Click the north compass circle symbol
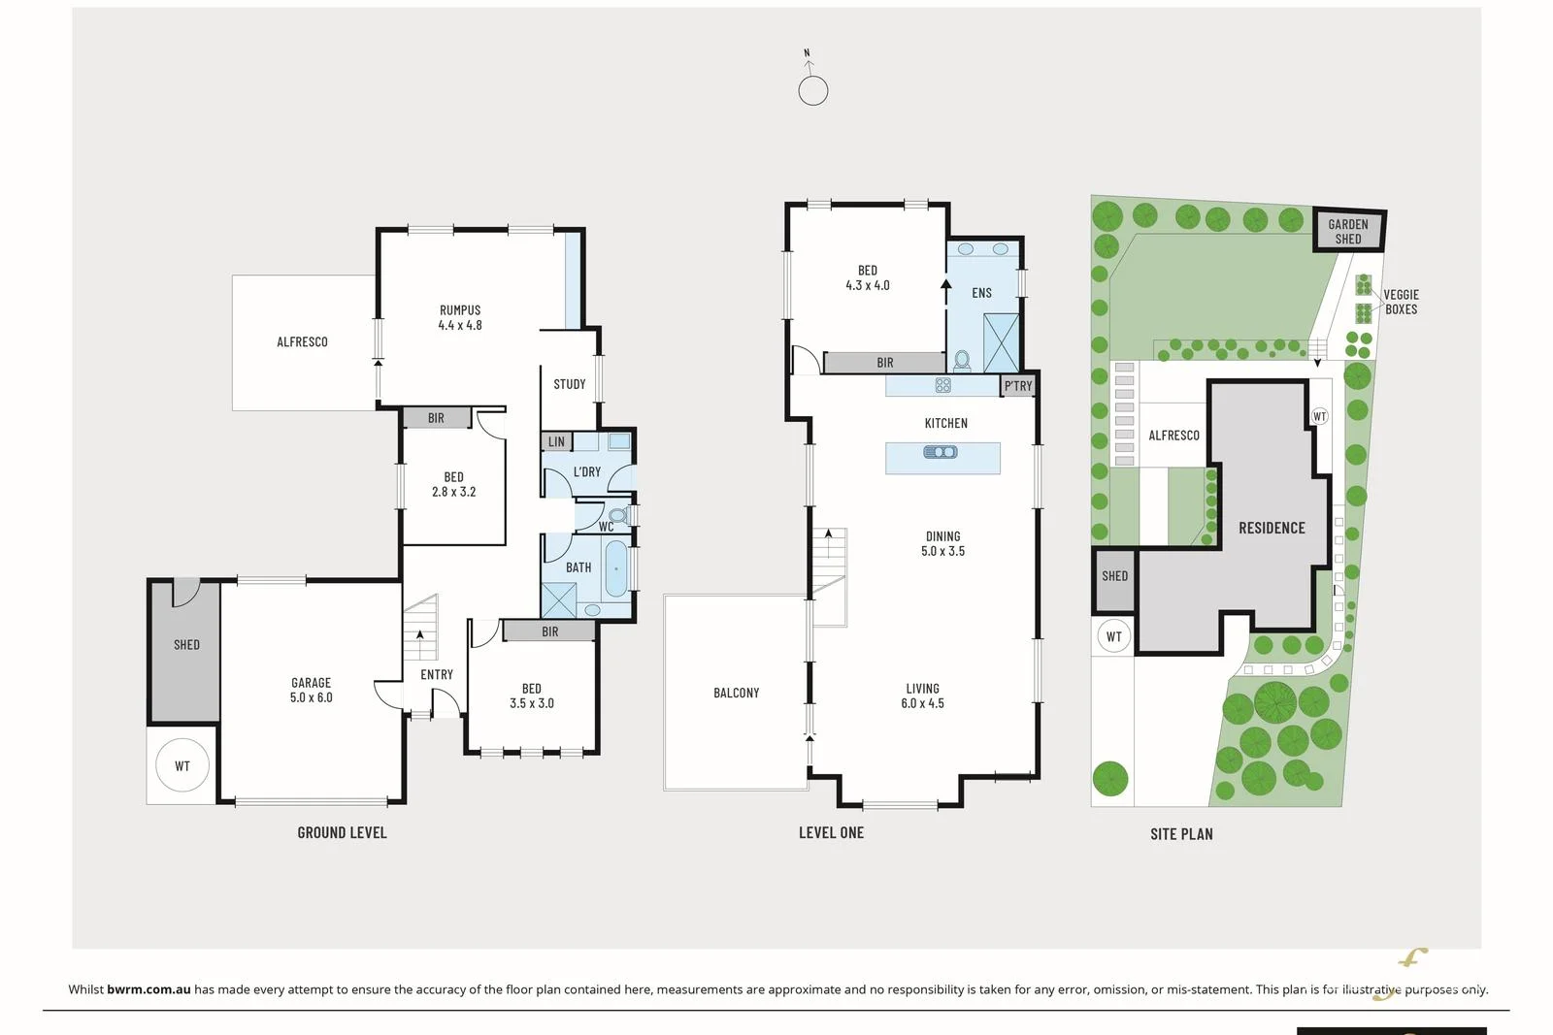click(x=812, y=91)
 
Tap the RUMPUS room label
click(x=460, y=309)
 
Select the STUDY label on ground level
click(x=569, y=384)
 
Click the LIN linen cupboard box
click(x=557, y=441)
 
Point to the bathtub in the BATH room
click(x=615, y=568)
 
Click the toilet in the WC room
click(x=617, y=515)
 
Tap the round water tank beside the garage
click(x=182, y=765)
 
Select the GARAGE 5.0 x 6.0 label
click(x=311, y=690)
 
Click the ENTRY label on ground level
click(x=437, y=674)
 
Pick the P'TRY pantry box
click(x=1018, y=386)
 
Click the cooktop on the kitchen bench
click(x=942, y=385)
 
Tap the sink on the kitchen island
click(x=941, y=452)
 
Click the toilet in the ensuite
click(x=962, y=360)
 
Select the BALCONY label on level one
click(x=737, y=693)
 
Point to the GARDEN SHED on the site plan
click(x=1348, y=231)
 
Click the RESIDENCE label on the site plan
click(x=1272, y=528)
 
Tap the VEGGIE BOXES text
click(x=1402, y=302)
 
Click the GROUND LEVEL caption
click(x=342, y=832)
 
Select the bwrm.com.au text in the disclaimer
click(x=149, y=989)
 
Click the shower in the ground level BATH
click(x=558, y=599)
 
